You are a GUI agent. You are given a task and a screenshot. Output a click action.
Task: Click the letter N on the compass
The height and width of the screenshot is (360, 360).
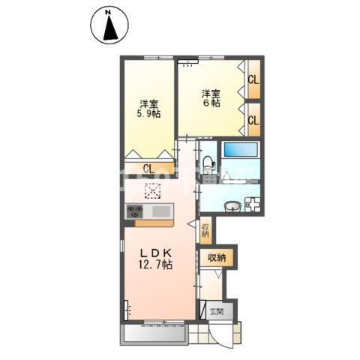click(108, 12)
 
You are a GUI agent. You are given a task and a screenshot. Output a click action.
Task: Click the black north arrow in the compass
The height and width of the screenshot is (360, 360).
click(110, 28)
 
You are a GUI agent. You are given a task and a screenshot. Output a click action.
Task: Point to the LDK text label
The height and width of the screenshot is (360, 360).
click(156, 253)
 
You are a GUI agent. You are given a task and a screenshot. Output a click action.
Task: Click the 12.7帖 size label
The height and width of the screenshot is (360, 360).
click(155, 264)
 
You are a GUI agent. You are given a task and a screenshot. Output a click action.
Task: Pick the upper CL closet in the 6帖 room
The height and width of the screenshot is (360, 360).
click(254, 79)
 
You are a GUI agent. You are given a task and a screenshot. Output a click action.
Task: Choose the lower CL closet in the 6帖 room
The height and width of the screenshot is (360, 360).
click(254, 120)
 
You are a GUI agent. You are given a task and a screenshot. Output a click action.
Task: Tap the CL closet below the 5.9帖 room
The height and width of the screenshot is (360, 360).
click(149, 169)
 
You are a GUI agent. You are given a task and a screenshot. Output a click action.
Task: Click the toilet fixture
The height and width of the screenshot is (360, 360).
click(208, 164)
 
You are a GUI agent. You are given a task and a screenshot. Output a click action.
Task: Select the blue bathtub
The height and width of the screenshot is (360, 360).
click(241, 149)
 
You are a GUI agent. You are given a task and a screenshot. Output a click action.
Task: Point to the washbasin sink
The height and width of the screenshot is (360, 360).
click(232, 206)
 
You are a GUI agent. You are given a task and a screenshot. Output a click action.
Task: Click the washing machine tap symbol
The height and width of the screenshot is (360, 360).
click(253, 205)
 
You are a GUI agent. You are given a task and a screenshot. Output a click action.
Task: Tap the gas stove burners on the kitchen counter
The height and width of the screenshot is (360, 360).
click(135, 211)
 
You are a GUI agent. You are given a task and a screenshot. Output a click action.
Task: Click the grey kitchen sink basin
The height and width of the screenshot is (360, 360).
click(161, 211)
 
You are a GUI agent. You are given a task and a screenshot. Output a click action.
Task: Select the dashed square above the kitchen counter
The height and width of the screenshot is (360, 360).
click(153, 190)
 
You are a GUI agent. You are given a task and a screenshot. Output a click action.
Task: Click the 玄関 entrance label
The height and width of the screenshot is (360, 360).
click(217, 311)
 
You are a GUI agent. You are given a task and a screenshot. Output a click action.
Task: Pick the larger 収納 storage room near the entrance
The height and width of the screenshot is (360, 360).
click(217, 258)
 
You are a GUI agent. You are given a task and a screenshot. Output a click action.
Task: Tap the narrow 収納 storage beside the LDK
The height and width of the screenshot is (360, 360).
click(205, 230)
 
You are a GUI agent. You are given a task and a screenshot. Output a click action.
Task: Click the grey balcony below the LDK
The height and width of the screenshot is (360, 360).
click(154, 334)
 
